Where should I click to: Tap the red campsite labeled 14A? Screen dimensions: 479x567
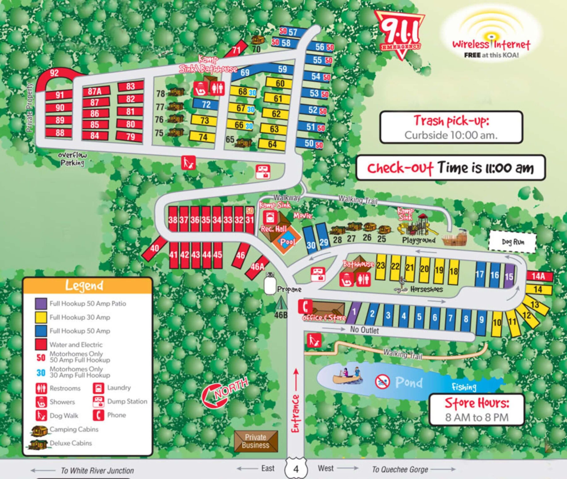539,276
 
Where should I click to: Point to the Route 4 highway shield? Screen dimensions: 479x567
296,469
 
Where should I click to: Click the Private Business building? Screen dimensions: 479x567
256,441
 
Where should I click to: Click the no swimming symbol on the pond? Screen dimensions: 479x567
383,382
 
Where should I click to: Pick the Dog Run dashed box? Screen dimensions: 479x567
512,242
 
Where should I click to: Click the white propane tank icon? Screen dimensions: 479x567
270,285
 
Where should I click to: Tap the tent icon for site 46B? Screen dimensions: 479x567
281,304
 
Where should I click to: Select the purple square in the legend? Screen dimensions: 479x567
41,303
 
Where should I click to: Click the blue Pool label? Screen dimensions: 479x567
287,242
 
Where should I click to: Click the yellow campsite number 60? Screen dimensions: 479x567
280,83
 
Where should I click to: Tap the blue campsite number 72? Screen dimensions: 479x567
206,104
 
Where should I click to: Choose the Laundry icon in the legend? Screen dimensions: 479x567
98,388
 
